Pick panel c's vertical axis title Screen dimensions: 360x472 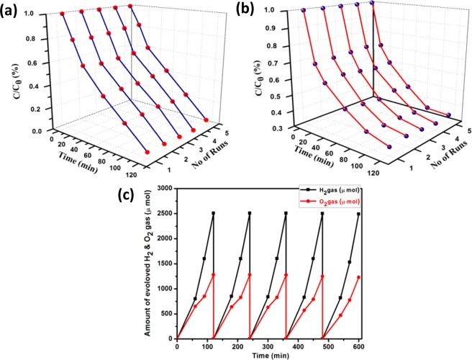(141, 262)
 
